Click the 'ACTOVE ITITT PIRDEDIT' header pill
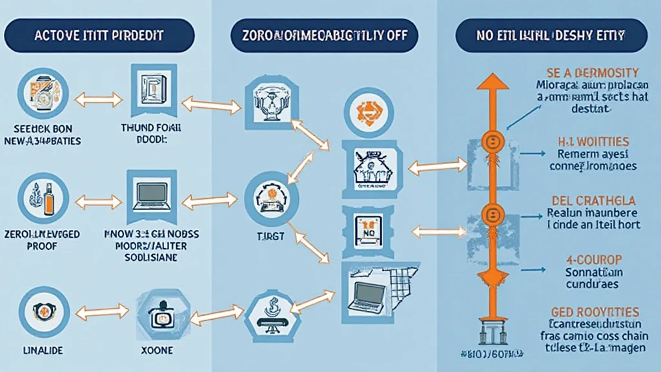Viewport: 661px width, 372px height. coord(98,36)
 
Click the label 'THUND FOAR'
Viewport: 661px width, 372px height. coord(150,128)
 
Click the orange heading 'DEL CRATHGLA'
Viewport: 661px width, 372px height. coord(592,201)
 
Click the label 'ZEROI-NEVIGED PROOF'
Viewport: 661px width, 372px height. coord(42,239)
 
